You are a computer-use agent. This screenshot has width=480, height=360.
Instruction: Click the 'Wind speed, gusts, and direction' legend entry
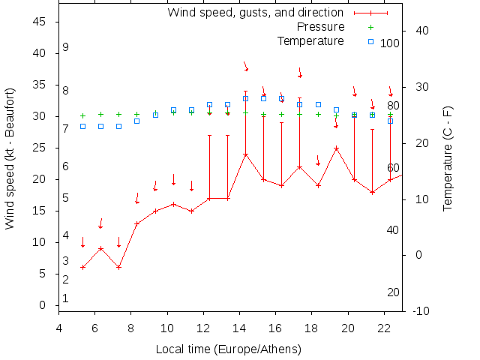pos(255,13)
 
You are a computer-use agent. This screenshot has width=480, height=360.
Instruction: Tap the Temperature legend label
pos(310,40)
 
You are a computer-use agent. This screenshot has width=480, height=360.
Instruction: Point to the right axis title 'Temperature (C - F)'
pos(448,158)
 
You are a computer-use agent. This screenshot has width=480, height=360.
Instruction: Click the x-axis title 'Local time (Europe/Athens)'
pos(228,349)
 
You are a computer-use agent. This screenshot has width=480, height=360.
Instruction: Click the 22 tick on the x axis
pos(384,327)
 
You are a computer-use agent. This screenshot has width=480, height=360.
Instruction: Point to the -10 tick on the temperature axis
pos(421,311)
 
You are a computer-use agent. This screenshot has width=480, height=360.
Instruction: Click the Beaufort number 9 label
pos(66,47)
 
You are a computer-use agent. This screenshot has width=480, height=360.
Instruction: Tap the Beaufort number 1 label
pos(66,298)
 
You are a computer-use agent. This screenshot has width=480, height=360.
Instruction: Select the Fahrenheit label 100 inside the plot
pos(390,43)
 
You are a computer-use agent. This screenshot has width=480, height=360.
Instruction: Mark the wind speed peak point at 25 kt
pos(336,148)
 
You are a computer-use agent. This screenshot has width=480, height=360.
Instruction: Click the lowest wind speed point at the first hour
pos(82,267)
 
